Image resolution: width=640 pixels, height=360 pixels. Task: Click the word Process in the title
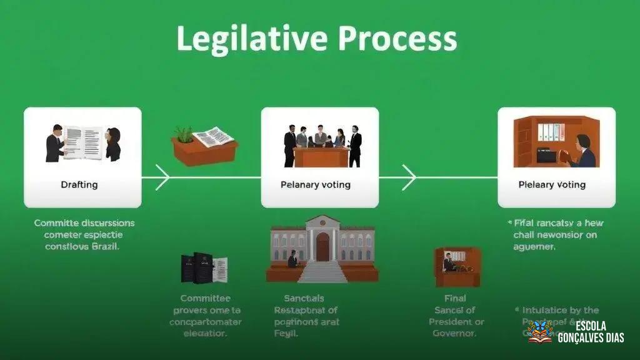coord(397,39)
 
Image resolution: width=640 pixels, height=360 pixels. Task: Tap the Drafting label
coord(79,185)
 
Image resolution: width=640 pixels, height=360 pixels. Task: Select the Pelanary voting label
coord(316,185)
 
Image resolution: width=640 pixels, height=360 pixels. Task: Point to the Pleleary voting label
coord(552,185)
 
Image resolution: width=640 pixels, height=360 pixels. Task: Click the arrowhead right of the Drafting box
coord(162,177)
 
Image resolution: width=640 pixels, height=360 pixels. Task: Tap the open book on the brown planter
coord(212,136)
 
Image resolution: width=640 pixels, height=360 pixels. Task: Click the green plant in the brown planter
coord(183,134)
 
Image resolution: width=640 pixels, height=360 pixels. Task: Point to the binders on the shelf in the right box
coord(551,132)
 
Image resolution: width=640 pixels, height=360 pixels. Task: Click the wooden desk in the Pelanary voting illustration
coord(321,157)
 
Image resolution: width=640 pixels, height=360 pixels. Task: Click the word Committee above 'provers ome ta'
coord(205,298)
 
